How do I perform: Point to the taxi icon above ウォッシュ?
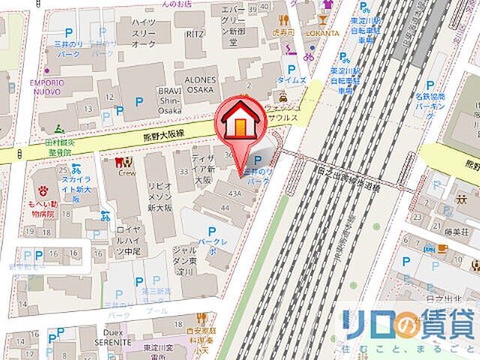click(283, 97)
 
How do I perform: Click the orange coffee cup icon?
click(443, 248)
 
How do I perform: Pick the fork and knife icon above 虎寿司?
click(283, 21)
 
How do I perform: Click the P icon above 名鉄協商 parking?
click(430, 86)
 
